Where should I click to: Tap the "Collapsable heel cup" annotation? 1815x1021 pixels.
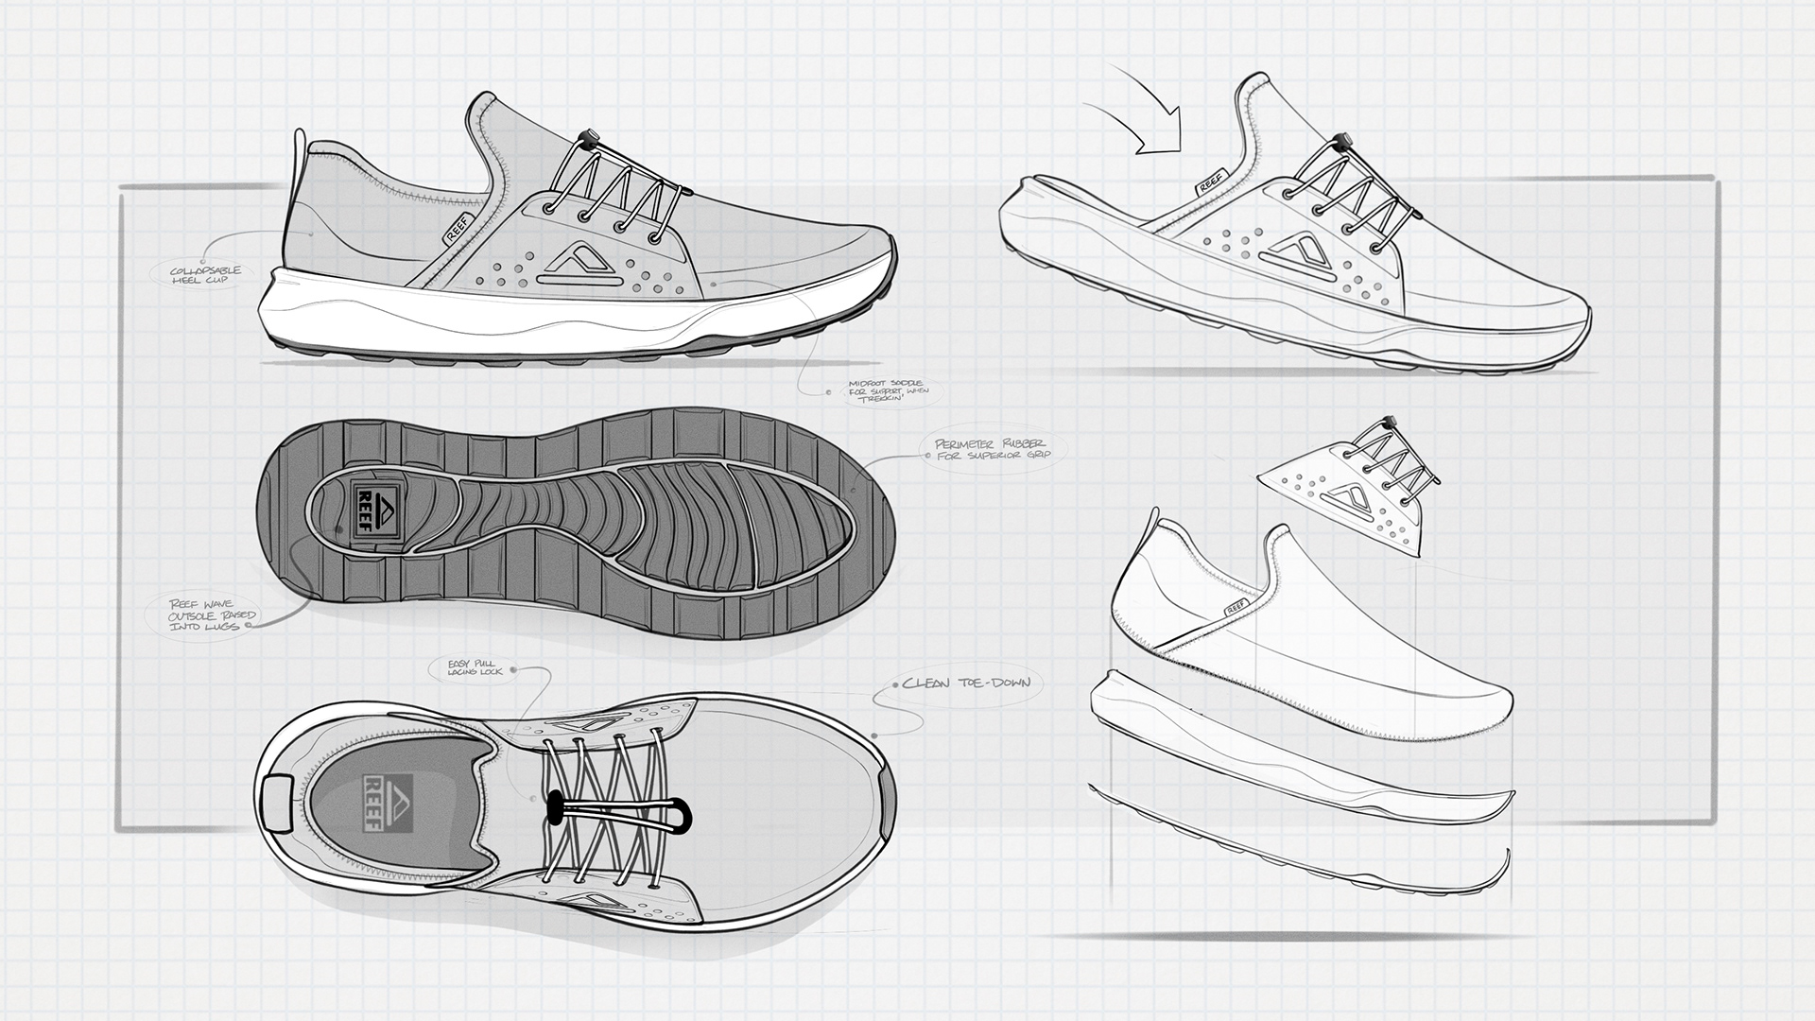[205, 275]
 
